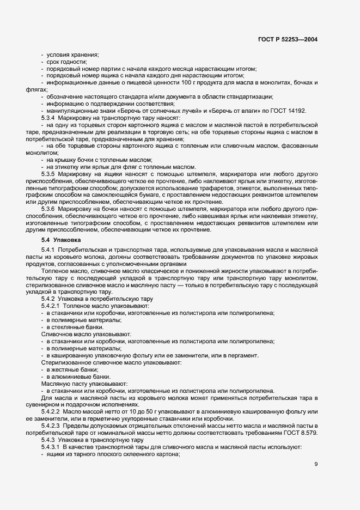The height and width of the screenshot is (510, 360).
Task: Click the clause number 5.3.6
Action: [50, 209]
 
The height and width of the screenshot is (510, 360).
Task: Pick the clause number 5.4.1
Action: [50, 250]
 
